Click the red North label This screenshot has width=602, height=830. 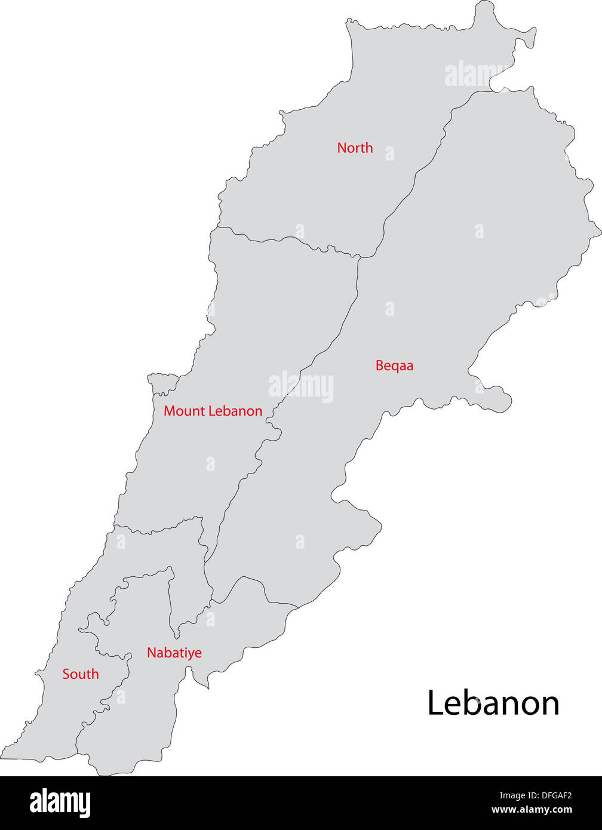tap(355, 147)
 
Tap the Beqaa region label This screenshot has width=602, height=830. tap(394, 365)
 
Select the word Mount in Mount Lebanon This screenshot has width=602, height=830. tap(183, 411)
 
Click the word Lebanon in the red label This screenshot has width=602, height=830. tap(234, 411)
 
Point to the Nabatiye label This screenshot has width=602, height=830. tap(174, 653)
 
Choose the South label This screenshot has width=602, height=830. tap(81, 674)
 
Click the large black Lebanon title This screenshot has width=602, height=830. tap(493, 703)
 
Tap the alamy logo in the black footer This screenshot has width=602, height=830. tap(60, 803)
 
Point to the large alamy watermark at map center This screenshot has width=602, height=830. tap(301, 386)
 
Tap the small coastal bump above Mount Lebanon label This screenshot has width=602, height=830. tap(162, 382)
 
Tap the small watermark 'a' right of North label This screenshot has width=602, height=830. tap(389, 153)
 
